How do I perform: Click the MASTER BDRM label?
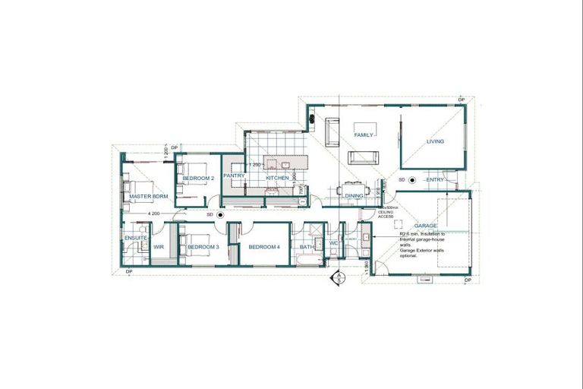click(x=148, y=196)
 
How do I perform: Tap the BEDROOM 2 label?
click(x=198, y=178)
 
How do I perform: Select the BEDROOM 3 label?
click(x=203, y=247)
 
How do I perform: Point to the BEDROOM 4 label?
click(x=264, y=247)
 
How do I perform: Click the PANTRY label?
click(x=234, y=176)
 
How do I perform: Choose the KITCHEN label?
click(x=276, y=178)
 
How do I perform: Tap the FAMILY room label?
click(x=365, y=134)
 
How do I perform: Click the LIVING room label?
click(x=435, y=141)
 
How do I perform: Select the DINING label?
click(x=355, y=196)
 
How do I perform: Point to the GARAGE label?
click(x=425, y=226)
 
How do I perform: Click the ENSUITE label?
click(x=135, y=239)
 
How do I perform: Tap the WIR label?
click(x=159, y=247)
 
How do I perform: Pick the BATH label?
click(x=307, y=247)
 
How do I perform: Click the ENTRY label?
click(x=435, y=179)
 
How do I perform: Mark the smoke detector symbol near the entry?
click(x=411, y=180)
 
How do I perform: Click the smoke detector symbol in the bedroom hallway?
click(x=220, y=215)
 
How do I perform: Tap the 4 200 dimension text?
click(x=154, y=213)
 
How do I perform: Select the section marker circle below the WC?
click(x=334, y=277)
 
